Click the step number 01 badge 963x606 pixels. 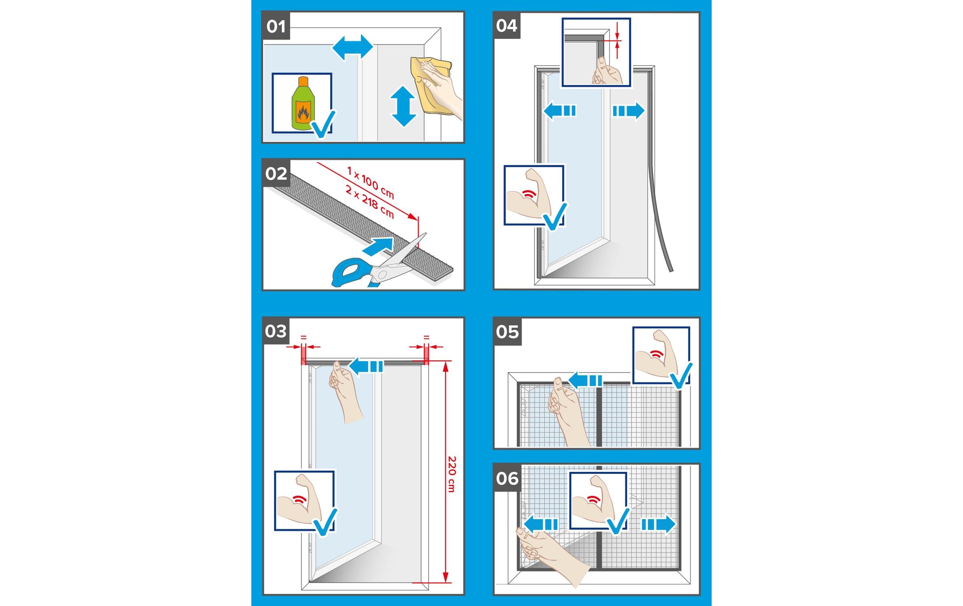tap(276, 26)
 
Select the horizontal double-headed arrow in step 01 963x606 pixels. tap(352, 48)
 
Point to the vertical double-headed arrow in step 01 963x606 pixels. tap(403, 107)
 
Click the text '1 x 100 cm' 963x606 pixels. tap(371, 183)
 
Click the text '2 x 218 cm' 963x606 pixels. tap(369, 201)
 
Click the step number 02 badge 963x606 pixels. tap(276, 173)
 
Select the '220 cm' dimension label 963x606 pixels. tap(452, 474)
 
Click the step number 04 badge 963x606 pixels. tap(507, 25)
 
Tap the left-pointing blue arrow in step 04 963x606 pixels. tap(560, 111)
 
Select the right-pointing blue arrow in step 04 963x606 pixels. tap(629, 111)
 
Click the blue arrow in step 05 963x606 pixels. tap(585, 380)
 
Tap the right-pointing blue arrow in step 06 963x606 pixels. tap(658, 524)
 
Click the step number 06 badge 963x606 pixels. tap(507, 478)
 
